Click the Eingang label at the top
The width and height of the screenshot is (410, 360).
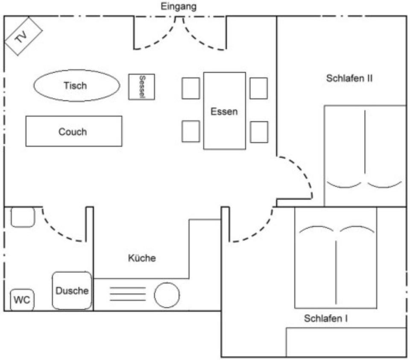[x=179, y=6]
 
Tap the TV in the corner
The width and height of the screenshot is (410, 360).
[x=23, y=36]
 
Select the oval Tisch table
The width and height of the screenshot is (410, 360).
[x=76, y=86]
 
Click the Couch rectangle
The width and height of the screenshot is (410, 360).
[x=73, y=131]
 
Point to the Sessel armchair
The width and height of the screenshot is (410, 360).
[x=142, y=87]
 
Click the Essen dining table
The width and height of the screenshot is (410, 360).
[x=224, y=111]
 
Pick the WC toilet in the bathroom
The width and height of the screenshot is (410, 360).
[x=22, y=300]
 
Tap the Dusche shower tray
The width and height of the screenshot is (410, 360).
[x=72, y=291]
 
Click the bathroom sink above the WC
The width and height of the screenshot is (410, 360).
[x=23, y=217]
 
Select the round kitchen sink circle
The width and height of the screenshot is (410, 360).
[x=167, y=295]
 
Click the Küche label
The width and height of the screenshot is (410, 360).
[x=142, y=258]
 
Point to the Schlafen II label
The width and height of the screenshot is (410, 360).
[x=350, y=79]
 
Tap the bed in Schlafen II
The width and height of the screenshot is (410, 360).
[x=365, y=156]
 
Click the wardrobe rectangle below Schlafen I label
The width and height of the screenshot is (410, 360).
[x=346, y=342]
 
